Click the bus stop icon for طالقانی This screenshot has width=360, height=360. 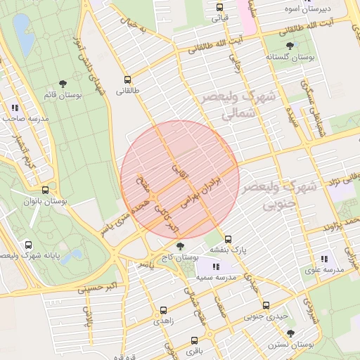coord(127,80)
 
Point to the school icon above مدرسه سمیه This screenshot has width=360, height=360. coord(216,266)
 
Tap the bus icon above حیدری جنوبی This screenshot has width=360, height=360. coord(266,305)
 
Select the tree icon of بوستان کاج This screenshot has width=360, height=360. coord(181,246)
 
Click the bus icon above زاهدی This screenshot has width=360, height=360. coord(164,309)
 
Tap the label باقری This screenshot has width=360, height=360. coord(194,349)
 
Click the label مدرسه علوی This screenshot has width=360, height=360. coord(324,270)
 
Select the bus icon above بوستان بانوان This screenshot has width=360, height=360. coord(46,190)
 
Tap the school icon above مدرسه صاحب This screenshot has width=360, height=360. coord(15,108)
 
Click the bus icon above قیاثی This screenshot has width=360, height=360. coord(219,8)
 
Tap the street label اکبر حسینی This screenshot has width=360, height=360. coord(92,285)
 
